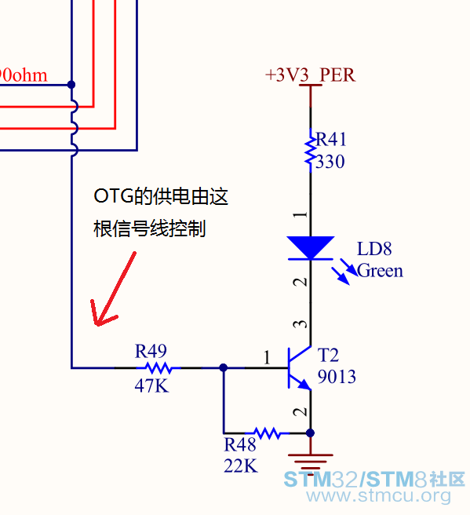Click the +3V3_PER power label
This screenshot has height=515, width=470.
[x=310, y=75]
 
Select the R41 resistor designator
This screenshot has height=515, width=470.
[x=331, y=139]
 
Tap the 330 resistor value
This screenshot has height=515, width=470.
[x=330, y=162]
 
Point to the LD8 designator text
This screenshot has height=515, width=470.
[x=374, y=249]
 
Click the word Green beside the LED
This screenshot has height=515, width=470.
[x=380, y=271]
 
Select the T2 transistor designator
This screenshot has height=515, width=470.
[x=328, y=355]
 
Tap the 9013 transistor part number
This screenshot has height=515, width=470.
[x=337, y=376]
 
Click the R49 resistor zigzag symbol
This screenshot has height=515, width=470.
[x=158, y=368]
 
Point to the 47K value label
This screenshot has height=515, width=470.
[x=151, y=385]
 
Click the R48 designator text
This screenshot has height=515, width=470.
[x=239, y=444]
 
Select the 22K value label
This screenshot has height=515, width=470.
[x=241, y=466]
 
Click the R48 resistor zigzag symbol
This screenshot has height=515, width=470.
[x=268, y=433]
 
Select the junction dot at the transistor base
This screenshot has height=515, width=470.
[x=224, y=367]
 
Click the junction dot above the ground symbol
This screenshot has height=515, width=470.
[x=310, y=433]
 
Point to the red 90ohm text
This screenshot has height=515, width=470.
[x=23, y=75]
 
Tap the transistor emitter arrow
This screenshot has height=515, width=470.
[x=304, y=384]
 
